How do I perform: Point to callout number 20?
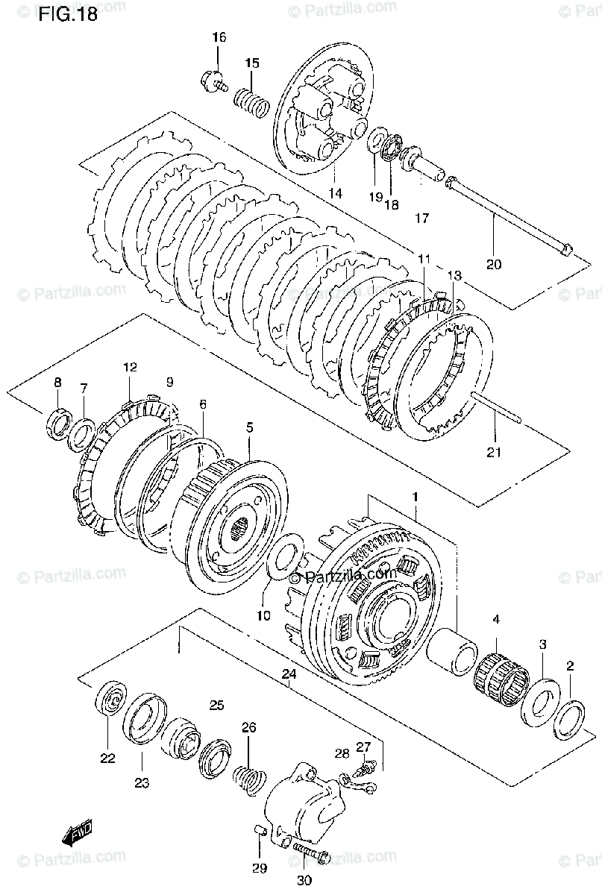(x=494, y=263)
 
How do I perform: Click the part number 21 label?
(x=495, y=451)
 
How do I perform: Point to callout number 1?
(x=416, y=495)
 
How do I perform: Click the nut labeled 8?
(x=57, y=426)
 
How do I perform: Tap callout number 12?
(x=130, y=368)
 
